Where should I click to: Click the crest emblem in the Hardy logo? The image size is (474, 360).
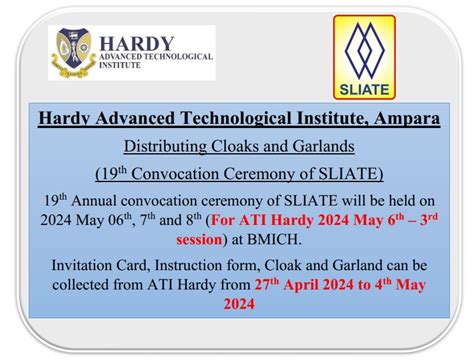77,52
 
